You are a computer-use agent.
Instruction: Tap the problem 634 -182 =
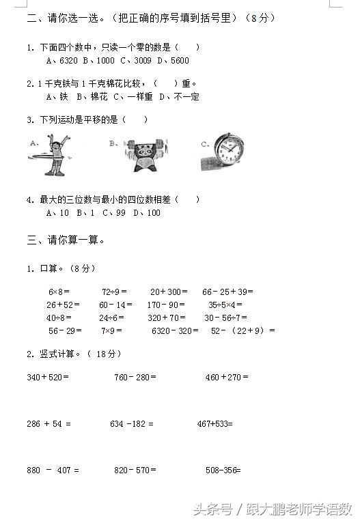pos(133,423)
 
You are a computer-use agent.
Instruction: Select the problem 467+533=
pos(215,423)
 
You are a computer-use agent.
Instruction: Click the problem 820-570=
pos(135,470)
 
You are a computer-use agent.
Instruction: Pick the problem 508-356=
pos(223,470)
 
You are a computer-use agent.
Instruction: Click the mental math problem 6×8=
pos(59,292)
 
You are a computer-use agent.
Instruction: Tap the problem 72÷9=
pos(113,292)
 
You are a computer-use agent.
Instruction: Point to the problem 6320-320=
pos(175,330)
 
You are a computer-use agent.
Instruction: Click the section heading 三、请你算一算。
pos(66,240)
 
